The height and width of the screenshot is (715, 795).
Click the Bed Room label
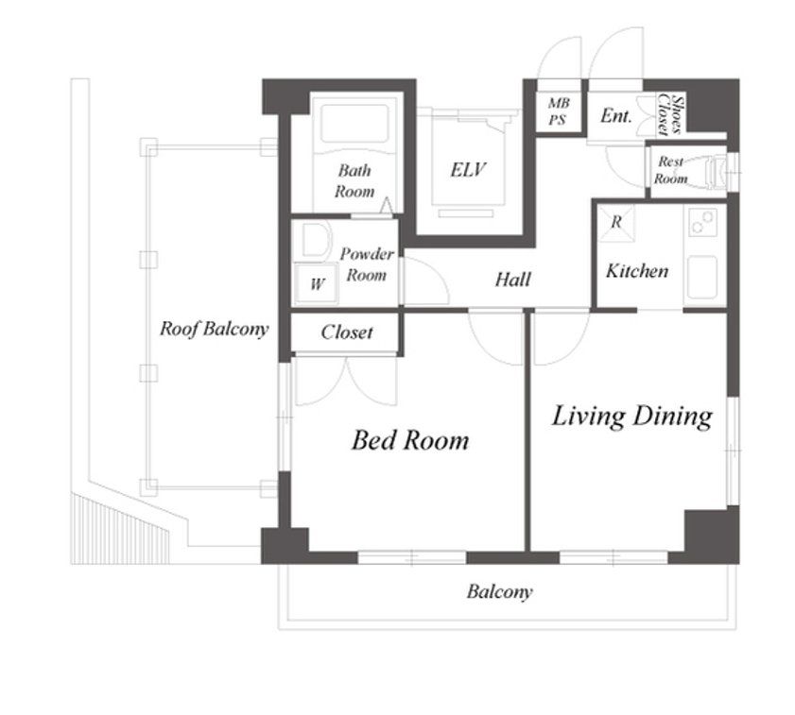(410, 440)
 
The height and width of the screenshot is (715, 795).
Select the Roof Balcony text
(214, 329)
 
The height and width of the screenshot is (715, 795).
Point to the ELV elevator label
(468, 169)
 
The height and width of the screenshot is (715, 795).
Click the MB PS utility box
(559, 111)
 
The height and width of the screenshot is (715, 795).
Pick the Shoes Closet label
(669, 114)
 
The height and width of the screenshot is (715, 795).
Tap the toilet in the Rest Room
(713, 172)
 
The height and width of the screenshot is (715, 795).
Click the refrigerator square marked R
(615, 223)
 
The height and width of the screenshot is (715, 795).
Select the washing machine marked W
(317, 283)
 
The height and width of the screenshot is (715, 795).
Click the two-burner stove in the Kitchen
(702, 222)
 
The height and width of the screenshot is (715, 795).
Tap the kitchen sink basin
(701, 276)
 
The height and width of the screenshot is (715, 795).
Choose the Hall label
(512, 280)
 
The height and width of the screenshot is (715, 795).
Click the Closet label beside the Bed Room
(347, 332)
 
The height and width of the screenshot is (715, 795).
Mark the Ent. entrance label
(616, 116)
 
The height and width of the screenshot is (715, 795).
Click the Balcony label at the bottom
(500, 592)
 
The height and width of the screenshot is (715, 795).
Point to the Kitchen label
(637, 270)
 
